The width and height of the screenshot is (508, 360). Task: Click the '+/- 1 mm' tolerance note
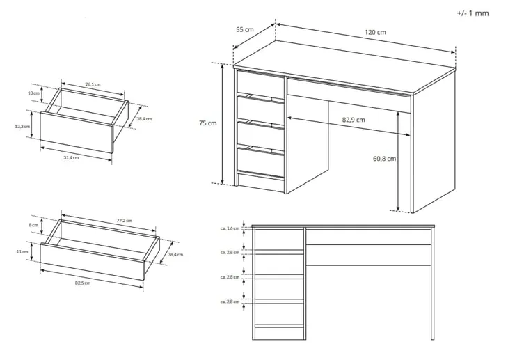tap(473, 13)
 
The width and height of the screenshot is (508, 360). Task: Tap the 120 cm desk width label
tap(376, 32)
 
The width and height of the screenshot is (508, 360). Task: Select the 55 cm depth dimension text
tap(245, 29)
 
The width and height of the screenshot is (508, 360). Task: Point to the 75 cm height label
tap(207, 123)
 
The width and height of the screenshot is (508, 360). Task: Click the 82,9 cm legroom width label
tap(354, 120)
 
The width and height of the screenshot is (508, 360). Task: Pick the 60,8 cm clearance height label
tap(385, 159)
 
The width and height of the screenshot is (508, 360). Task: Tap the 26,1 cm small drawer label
tap(93, 84)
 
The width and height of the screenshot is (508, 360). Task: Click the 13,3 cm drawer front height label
tap(22, 126)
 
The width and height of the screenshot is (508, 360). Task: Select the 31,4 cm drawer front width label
tap(71, 157)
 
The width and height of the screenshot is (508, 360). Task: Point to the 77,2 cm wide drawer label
tap(125, 221)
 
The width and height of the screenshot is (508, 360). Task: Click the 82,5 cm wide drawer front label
tap(83, 283)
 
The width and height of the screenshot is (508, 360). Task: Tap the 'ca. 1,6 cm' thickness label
tap(230, 228)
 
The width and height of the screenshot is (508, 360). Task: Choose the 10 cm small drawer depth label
tap(33, 93)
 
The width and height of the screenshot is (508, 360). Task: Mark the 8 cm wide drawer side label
tap(33, 225)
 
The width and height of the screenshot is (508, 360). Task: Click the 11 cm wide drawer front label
tap(22, 251)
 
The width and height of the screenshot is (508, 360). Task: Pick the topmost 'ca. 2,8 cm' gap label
tap(230, 252)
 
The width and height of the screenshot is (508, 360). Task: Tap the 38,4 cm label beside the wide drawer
tap(175, 255)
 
